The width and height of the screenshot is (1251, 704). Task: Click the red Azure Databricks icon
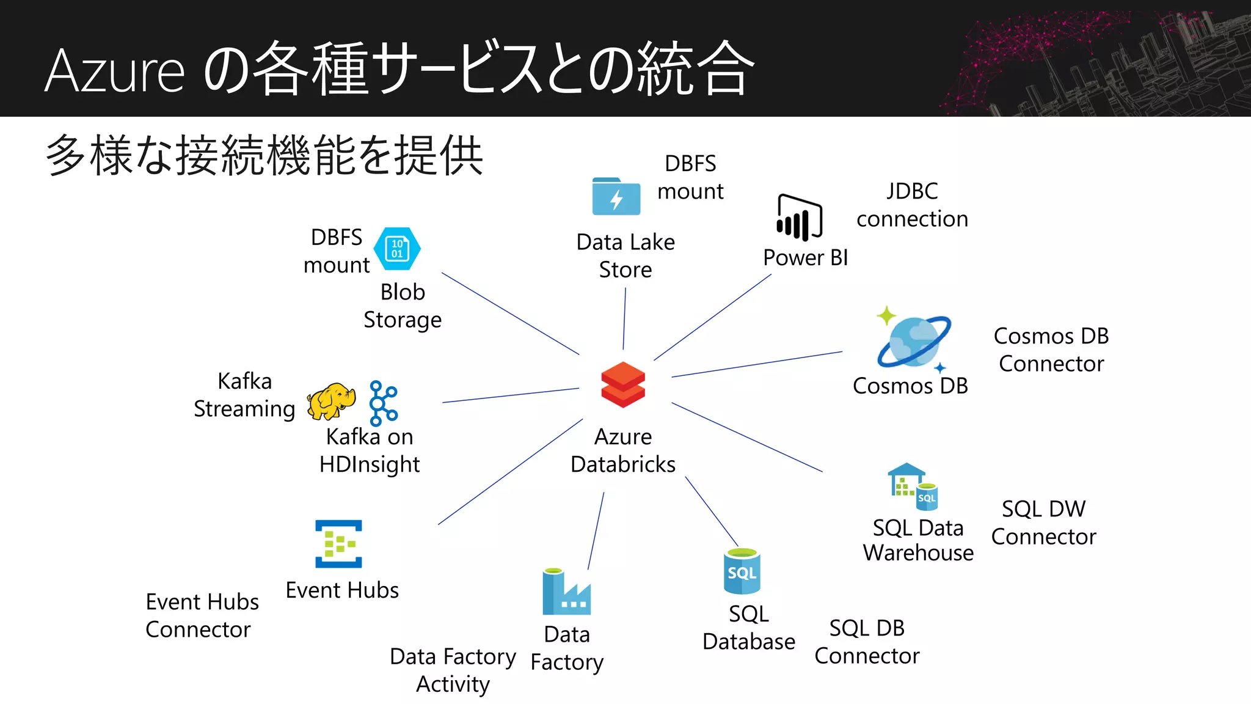click(622, 385)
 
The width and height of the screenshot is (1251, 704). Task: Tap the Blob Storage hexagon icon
click(397, 249)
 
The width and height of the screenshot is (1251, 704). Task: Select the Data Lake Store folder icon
click(616, 197)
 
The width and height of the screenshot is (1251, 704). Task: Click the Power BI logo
click(799, 218)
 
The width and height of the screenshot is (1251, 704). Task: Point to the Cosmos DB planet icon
click(913, 342)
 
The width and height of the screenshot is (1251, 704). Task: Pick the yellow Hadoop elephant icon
click(330, 402)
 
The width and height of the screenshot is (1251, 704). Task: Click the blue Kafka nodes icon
click(383, 403)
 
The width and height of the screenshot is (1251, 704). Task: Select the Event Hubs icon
click(338, 544)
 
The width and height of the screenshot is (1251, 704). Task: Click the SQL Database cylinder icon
click(742, 572)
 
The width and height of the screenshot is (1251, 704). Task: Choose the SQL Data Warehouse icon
click(912, 488)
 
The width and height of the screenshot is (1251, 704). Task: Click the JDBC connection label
click(912, 205)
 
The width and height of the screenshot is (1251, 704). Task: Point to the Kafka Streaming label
click(244, 395)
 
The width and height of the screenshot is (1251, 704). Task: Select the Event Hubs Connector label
click(202, 615)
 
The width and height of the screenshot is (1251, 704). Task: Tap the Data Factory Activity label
click(453, 670)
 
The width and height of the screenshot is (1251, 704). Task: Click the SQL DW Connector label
click(1043, 522)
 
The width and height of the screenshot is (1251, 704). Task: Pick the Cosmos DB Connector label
click(1051, 350)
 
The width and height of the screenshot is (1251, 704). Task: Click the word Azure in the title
click(114, 71)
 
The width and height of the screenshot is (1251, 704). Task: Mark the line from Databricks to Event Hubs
click(510, 472)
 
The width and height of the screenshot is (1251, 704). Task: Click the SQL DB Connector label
click(867, 642)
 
